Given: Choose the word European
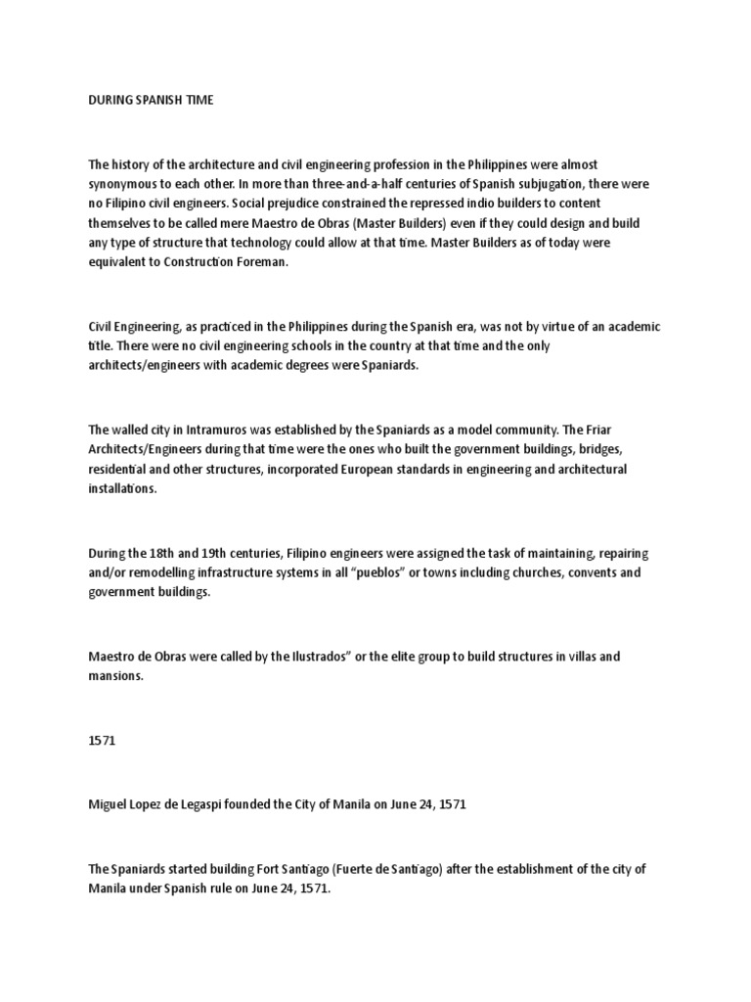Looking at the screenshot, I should click(362, 469).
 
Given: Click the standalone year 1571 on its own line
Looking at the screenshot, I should click(102, 741).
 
